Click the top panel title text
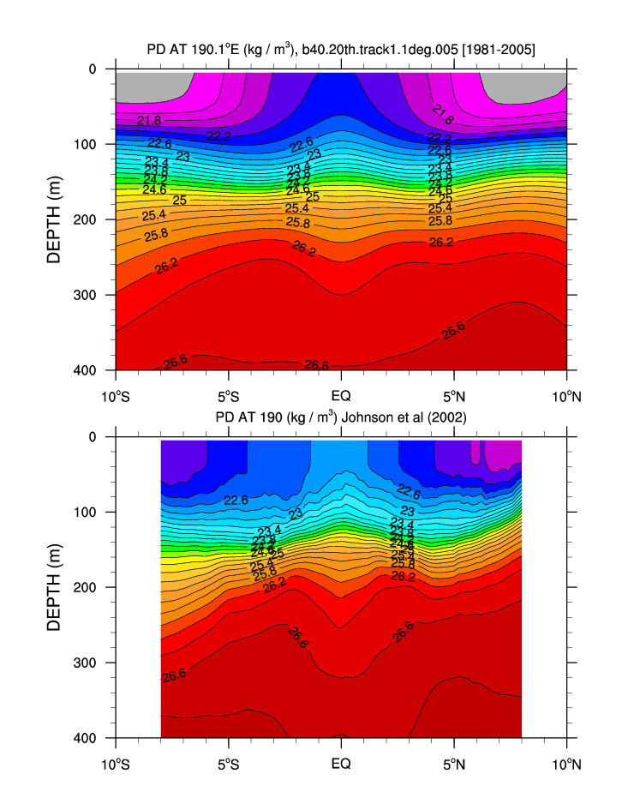pos(341,51)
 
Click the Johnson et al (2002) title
pos(341,418)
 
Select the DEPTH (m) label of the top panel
pos(54,219)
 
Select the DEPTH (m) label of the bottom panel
pos(54,587)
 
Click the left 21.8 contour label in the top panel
pos(149,121)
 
